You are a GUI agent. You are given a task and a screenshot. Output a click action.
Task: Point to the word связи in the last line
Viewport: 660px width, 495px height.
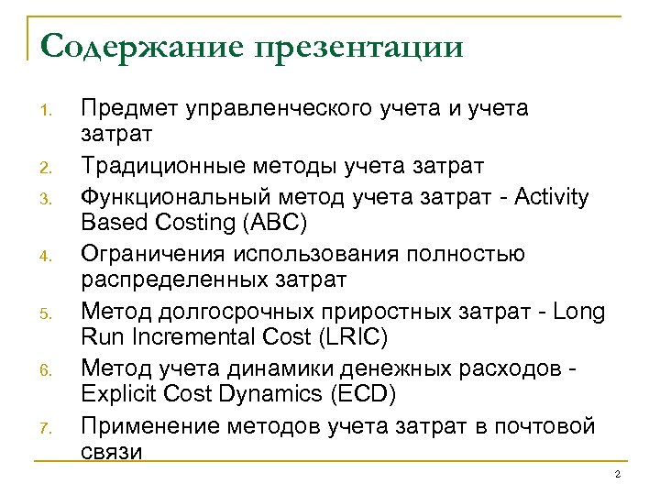(112, 453)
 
